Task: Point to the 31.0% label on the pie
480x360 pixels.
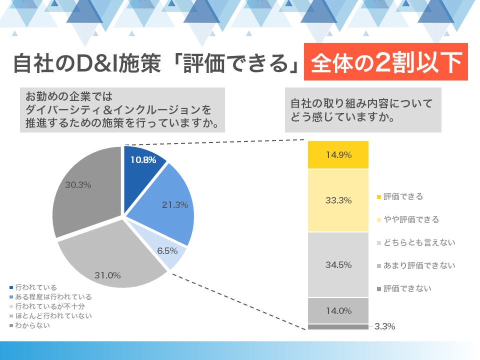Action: point(108,274)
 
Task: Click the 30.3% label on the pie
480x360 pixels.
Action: point(78,184)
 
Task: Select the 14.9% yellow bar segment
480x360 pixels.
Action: point(338,155)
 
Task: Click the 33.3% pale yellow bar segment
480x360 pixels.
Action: point(338,200)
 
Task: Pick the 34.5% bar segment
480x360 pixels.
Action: point(338,264)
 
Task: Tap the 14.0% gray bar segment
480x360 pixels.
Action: point(338,310)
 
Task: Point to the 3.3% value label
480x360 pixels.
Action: point(384,326)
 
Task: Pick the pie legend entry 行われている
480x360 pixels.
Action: point(35,287)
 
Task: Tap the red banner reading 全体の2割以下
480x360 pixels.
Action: point(386,62)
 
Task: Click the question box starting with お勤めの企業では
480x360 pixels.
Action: point(122,109)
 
